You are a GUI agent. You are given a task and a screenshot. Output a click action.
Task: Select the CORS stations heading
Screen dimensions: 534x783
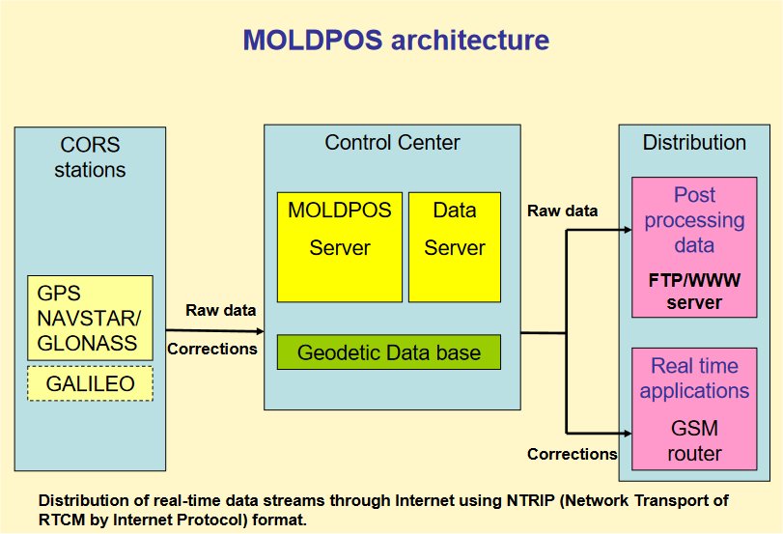coord(90,157)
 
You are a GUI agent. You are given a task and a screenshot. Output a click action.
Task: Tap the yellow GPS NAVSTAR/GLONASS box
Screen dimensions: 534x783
coord(90,317)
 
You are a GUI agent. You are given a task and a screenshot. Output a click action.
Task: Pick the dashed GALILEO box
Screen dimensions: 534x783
coord(90,384)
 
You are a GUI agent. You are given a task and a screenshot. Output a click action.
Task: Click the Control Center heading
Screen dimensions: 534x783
coord(392,143)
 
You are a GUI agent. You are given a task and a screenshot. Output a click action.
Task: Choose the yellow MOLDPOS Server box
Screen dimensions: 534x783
coord(339,246)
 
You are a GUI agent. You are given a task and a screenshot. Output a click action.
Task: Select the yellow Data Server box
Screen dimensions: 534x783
coord(454,246)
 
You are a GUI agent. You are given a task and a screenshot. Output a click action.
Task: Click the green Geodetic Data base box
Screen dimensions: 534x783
coord(389,352)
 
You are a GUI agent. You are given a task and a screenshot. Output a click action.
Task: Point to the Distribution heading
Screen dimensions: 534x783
coord(694,143)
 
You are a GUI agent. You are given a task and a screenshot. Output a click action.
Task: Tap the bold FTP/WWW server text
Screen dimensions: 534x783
coord(694,294)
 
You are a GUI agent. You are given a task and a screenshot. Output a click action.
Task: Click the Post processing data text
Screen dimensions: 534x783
coord(694,220)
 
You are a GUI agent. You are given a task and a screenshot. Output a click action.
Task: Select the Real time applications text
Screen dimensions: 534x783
coord(694,379)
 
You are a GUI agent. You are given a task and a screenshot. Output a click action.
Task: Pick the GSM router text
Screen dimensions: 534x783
coord(694,440)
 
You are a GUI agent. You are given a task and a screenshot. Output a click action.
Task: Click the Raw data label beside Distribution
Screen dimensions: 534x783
coord(563,211)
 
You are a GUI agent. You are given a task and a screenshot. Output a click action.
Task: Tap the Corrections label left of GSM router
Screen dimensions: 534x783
coord(573,454)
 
